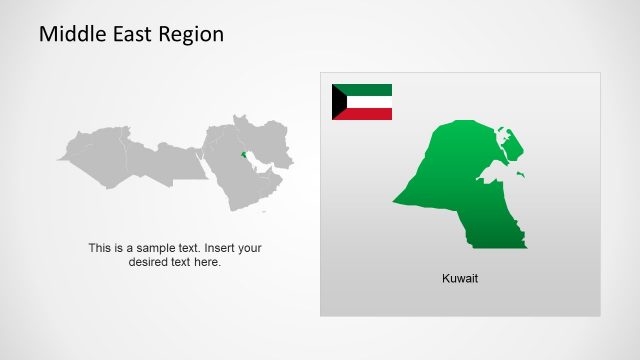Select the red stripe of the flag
pyautogui.click(x=370, y=114)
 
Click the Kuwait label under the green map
pyautogui.click(x=460, y=278)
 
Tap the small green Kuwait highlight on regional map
pyautogui.click(x=241, y=154)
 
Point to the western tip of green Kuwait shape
pyautogui.click(x=395, y=200)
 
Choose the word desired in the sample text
pyautogui.click(x=148, y=262)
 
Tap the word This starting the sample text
pyautogui.click(x=99, y=248)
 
